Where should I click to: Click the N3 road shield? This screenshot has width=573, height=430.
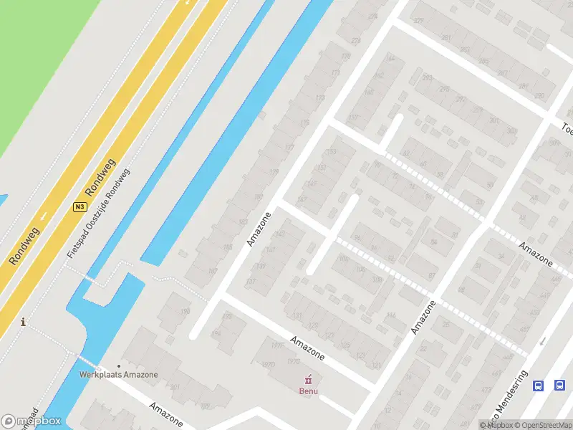click(x=80, y=207)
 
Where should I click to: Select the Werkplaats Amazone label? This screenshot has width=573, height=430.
click(x=119, y=374)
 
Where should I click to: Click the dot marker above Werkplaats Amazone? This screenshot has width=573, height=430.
click(x=119, y=365)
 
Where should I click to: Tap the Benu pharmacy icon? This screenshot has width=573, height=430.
click(x=309, y=379)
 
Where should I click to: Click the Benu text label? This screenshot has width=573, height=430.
click(x=309, y=391)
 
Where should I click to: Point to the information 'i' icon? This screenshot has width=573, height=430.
click(x=24, y=322)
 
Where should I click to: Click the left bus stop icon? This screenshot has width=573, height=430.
click(x=538, y=386)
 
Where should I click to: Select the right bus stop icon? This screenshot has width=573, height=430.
click(x=559, y=386)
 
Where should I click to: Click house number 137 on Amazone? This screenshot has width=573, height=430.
click(x=251, y=282)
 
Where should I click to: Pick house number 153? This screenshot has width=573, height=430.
click(x=330, y=151)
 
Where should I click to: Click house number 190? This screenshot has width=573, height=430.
click(x=186, y=311)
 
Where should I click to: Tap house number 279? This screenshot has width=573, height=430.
click(x=418, y=20)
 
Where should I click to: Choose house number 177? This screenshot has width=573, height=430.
click(x=289, y=148)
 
